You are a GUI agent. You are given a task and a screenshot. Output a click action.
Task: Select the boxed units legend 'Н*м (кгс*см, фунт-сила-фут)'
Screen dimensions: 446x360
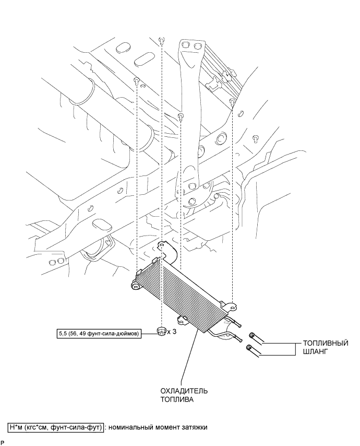[56, 427]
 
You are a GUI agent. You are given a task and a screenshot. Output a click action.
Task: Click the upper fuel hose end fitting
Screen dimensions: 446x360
[252, 335]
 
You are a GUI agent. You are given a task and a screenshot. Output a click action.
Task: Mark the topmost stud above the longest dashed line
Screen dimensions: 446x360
[161, 40]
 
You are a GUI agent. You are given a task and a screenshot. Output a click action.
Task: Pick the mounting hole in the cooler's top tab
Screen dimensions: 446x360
[163, 244]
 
